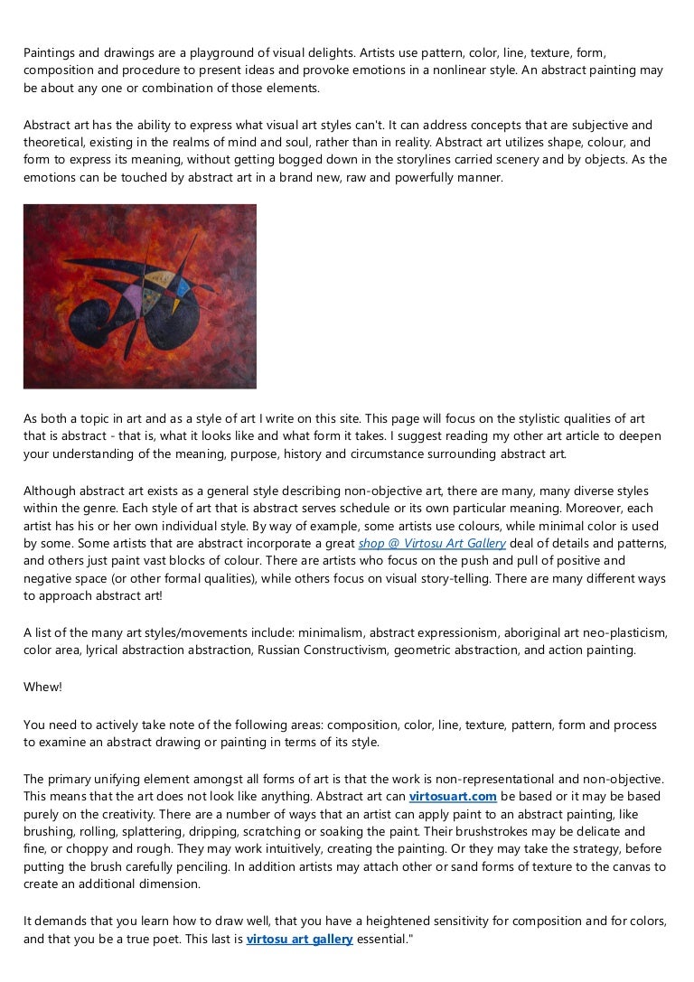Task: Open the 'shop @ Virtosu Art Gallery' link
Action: tap(432, 543)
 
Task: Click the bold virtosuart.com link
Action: tap(453, 796)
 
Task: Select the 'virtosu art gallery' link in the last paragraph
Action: tap(299, 939)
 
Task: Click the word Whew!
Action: tap(42, 687)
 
